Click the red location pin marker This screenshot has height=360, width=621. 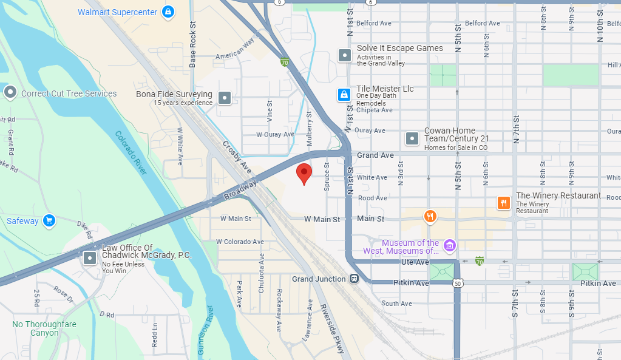click(304, 173)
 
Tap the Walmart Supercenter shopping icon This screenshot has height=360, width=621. click(168, 12)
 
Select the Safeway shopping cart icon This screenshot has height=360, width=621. click(49, 221)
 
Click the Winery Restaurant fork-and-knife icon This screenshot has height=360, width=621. click(503, 203)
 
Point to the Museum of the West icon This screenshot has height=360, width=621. click(449, 245)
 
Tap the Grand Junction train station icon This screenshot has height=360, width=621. click(354, 279)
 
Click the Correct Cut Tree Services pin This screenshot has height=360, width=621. click(10, 93)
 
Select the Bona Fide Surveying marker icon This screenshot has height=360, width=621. click(225, 97)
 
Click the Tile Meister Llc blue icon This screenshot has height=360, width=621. click(344, 95)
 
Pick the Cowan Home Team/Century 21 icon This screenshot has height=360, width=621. click(412, 138)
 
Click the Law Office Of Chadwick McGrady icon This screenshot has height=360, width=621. click(90, 257)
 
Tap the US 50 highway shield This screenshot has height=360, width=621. click(459, 284)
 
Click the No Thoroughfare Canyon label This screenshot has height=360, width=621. click(44, 328)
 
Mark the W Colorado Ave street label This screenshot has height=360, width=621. click(242, 242)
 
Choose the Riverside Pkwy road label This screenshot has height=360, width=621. click(332, 328)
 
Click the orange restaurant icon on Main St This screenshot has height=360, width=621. click(430, 216)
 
